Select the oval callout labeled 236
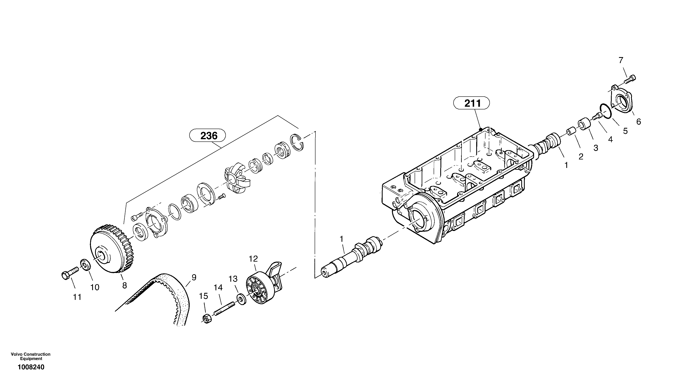[x=208, y=136]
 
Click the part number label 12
[x=253, y=259]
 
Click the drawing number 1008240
[x=31, y=367]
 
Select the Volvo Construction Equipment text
[x=31, y=356]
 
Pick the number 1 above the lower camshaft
[x=341, y=239]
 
